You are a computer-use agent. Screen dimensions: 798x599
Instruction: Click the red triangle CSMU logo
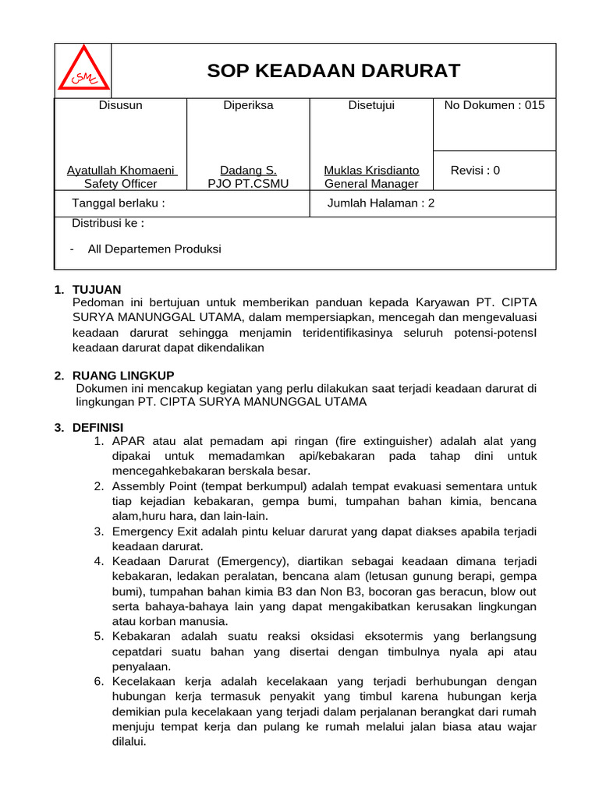pos(83,70)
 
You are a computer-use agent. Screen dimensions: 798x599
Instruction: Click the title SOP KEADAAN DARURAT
pos(333,71)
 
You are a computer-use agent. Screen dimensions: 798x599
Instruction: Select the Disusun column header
pos(120,105)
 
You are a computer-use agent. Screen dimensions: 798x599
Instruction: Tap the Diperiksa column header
pos(248,105)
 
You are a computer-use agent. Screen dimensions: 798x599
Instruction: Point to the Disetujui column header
pos(371,105)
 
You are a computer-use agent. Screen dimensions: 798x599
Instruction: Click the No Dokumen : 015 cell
pos(494,105)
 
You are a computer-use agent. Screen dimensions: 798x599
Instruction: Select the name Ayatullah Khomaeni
pos(121,170)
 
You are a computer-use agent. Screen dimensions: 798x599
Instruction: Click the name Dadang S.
pos(248,170)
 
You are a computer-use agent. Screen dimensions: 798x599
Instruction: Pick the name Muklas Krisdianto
pos(371,170)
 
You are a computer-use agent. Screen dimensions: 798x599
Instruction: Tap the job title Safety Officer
pos(121,184)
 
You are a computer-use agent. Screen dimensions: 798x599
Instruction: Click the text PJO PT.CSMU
pos(248,184)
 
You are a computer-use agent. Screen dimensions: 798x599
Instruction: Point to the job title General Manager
pos(371,184)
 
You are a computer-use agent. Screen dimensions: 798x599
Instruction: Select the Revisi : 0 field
pos(475,170)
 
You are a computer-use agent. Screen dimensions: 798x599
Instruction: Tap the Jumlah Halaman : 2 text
pos(381,203)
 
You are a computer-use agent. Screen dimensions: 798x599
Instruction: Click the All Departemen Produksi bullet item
pos(154,249)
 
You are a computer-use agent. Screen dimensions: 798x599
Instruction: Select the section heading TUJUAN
pos(97,290)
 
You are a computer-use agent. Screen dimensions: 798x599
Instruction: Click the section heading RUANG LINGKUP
pos(123,376)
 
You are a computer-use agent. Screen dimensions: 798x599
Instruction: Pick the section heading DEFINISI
pos(97,428)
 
